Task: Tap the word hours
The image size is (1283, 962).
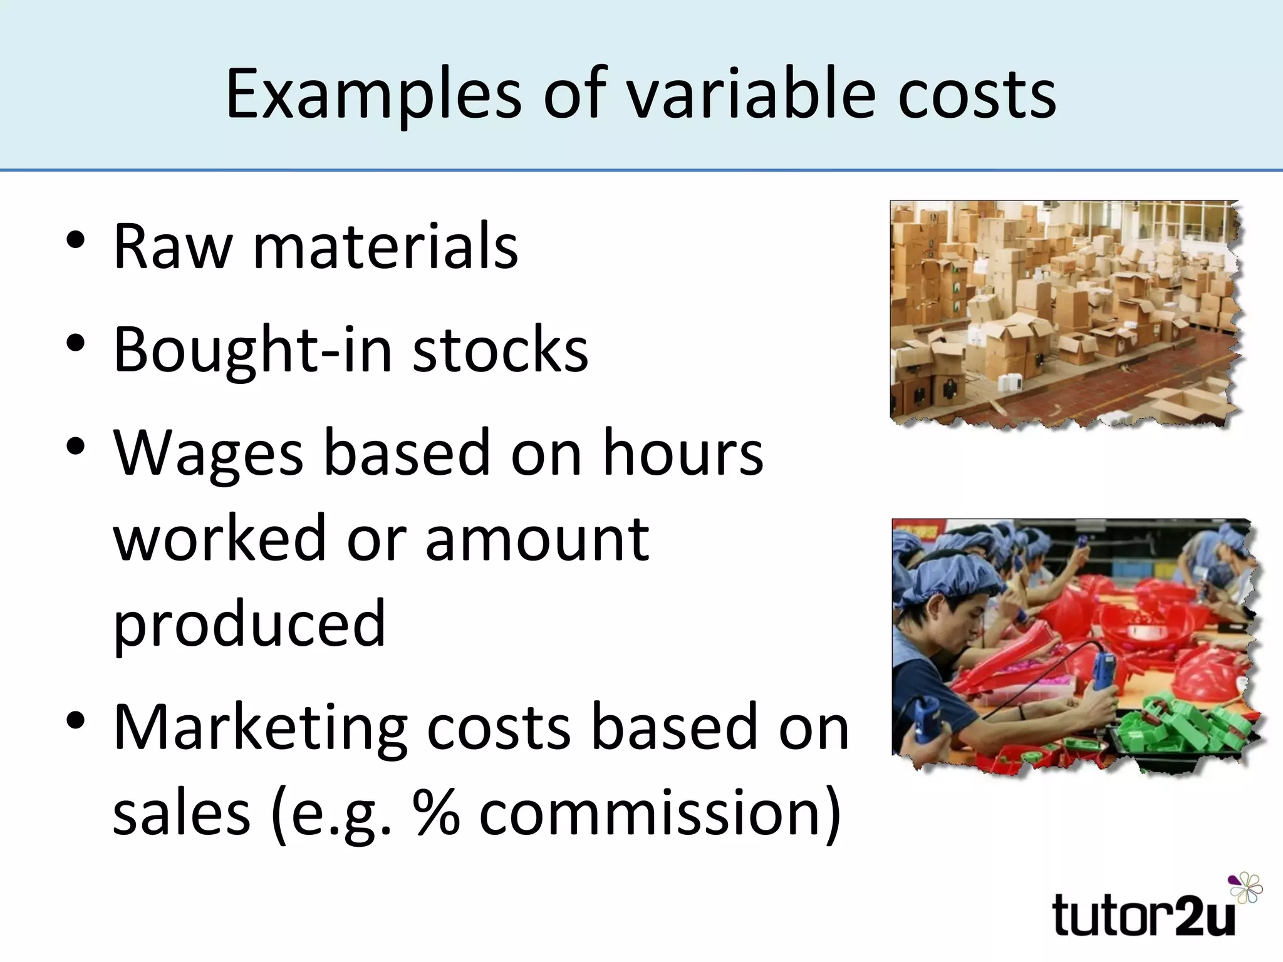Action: (682, 452)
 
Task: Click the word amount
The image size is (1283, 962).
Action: (537, 539)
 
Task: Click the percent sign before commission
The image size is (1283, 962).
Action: (436, 813)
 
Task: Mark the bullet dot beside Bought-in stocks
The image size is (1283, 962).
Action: (75, 344)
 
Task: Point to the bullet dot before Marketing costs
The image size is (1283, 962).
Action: (75, 721)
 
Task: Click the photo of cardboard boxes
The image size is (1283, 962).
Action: (1064, 313)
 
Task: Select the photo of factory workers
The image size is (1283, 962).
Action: (1074, 645)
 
